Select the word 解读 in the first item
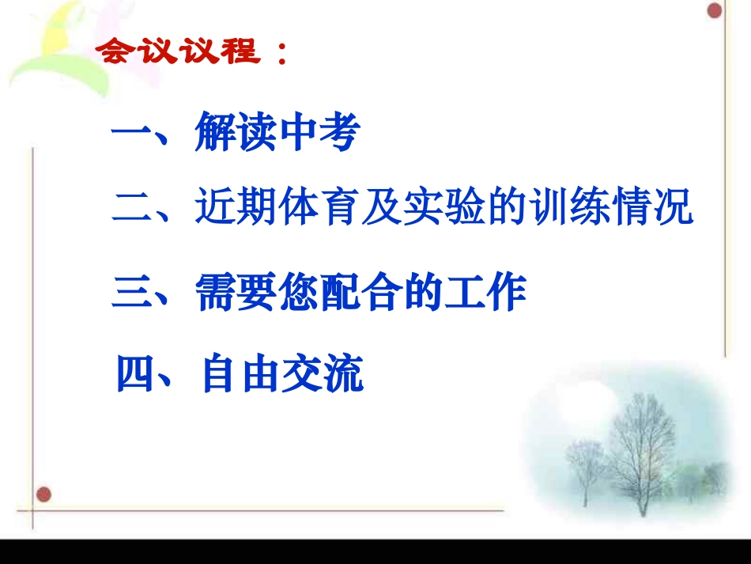coord(235,134)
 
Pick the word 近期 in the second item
coord(235,209)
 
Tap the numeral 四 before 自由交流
coord(134,375)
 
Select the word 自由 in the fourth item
coord(241,375)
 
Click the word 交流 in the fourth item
coord(325,375)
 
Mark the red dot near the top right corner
coord(715,11)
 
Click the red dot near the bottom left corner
coord(44,494)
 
